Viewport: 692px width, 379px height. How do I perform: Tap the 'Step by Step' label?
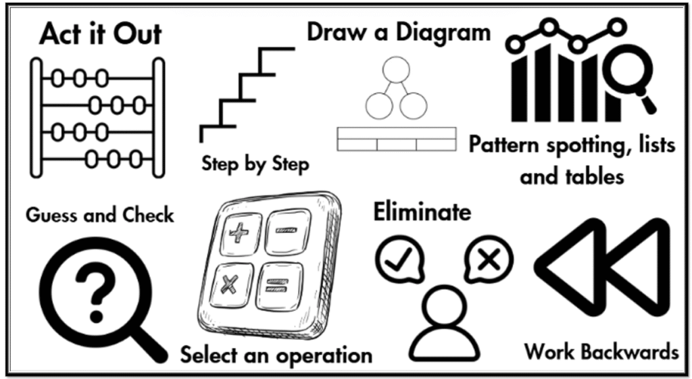point(255,163)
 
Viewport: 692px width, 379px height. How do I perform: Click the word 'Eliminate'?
point(422,212)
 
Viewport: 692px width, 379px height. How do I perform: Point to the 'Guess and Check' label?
point(99,215)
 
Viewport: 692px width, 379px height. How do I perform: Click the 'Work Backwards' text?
point(601,351)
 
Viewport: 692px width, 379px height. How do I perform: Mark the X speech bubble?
point(488,259)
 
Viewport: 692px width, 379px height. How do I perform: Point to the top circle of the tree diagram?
point(396,70)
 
